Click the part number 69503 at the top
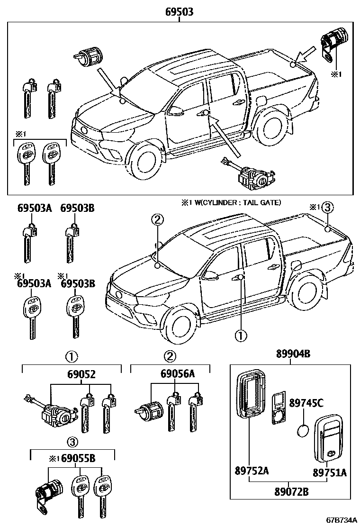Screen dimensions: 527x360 point(179,12)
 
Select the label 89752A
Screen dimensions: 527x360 point(251,471)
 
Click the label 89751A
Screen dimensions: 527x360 point(329,472)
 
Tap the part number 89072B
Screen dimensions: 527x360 point(291,491)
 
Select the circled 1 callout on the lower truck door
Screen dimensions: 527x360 point(241,335)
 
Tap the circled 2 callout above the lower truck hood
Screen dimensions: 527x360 point(157,219)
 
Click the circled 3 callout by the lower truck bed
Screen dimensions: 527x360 point(328,207)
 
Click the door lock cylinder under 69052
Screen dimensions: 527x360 point(56,415)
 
